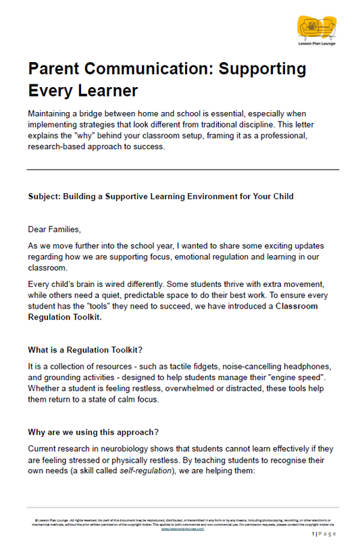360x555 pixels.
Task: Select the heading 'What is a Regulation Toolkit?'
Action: [84, 350]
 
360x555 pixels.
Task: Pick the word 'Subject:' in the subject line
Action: [44, 196]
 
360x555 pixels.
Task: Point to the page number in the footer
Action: [324, 534]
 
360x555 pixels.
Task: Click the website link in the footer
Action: [184, 529]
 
